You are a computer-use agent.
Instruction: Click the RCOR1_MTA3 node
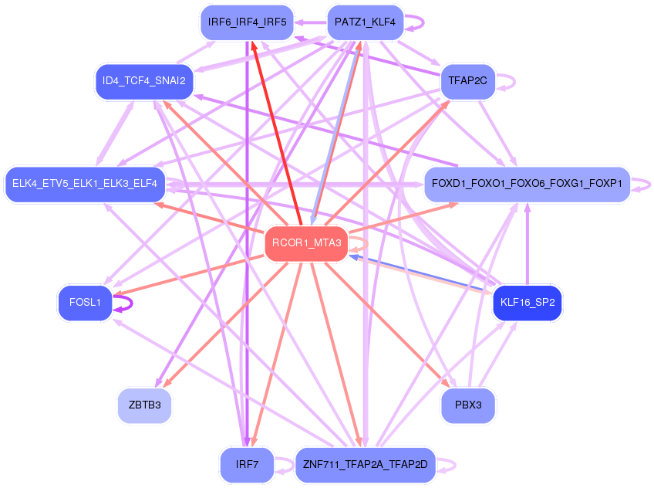(306, 244)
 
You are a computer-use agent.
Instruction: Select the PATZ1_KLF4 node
(366, 22)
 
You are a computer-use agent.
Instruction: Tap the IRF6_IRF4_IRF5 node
(247, 22)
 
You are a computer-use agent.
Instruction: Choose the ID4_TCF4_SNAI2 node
(143, 80)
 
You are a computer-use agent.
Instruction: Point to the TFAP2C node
(467, 80)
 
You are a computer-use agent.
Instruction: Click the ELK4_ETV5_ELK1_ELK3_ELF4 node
(85, 184)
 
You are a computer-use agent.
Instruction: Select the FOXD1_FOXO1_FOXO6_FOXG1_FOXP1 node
(528, 184)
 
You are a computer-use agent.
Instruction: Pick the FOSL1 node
(85, 303)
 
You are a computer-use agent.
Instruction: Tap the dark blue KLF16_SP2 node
(528, 303)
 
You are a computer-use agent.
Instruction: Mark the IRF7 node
(247, 465)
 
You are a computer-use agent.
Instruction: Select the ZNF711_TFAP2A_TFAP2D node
(366, 465)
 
